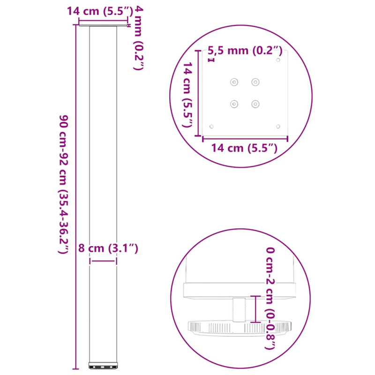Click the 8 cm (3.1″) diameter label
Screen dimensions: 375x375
[108, 249]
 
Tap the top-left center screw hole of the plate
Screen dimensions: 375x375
[233, 82]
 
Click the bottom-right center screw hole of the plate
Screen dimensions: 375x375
[255, 103]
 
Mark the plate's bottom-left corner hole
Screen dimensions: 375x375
[211, 126]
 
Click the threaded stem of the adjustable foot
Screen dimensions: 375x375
[239, 309]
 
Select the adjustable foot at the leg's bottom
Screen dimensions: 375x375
[103, 364]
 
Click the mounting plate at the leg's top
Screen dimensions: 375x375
[103, 26]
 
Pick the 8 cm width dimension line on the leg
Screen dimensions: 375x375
[103, 262]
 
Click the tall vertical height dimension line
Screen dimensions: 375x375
[75, 197]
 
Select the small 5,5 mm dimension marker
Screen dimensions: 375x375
[211, 60]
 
